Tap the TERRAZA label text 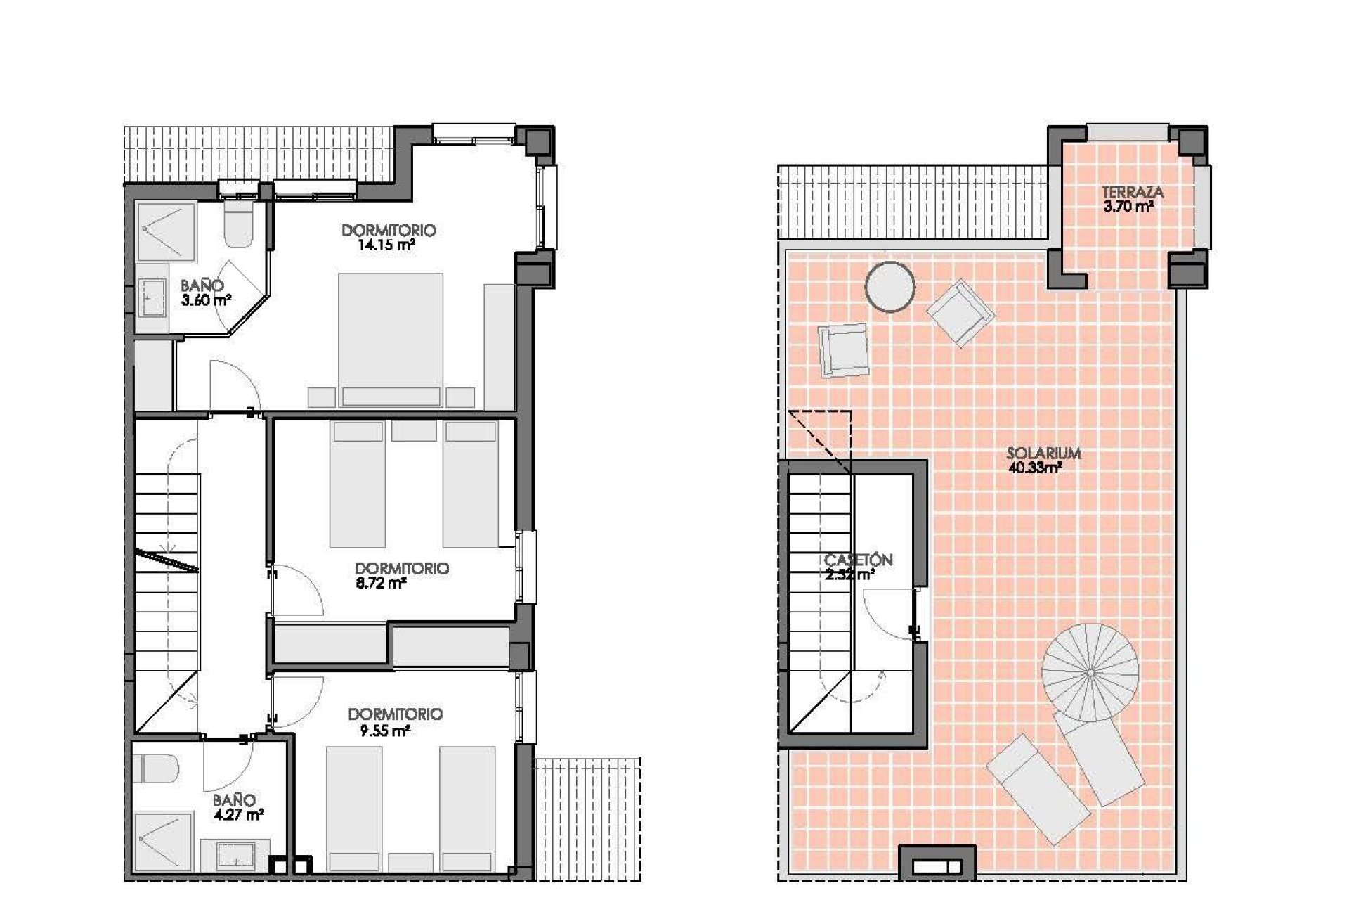pyautogui.click(x=1132, y=192)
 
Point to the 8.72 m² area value pyautogui.click(x=382, y=583)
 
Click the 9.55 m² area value pyautogui.click(x=385, y=731)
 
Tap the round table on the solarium pyautogui.click(x=890, y=287)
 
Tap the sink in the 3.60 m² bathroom pyautogui.click(x=152, y=299)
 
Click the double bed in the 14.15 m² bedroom pyautogui.click(x=391, y=337)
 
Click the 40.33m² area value pyautogui.click(x=1034, y=468)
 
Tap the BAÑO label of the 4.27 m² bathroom pyautogui.click(x=234, y=800)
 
